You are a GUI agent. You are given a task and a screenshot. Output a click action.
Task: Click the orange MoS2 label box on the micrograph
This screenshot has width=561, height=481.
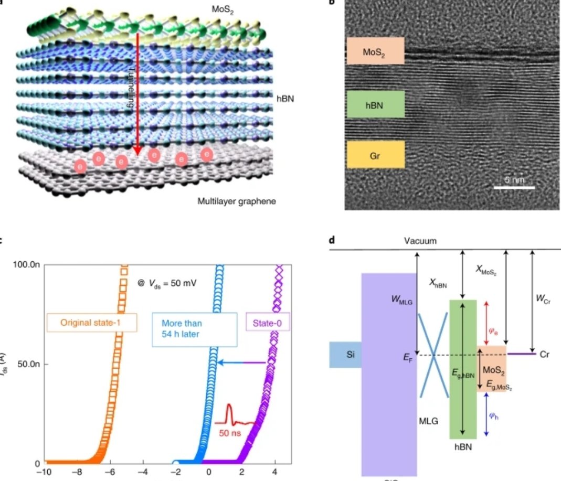coord(375,51)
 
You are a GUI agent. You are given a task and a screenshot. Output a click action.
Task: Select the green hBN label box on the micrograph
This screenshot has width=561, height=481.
coord(375,104)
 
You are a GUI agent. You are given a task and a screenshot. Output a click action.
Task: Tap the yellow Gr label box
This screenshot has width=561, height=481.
coord(375,154)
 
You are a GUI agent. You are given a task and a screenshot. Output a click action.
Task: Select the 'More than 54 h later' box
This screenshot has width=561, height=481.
coord(195,329)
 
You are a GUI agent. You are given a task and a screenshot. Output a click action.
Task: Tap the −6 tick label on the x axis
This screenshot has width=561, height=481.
coord(110,472)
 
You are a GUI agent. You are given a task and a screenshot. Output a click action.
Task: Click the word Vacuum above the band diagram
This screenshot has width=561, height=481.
coord(421,241)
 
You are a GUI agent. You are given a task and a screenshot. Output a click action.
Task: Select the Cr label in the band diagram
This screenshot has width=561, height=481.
coord(544,354)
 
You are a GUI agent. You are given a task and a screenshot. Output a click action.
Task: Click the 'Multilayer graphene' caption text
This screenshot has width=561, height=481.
coord(236,201)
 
